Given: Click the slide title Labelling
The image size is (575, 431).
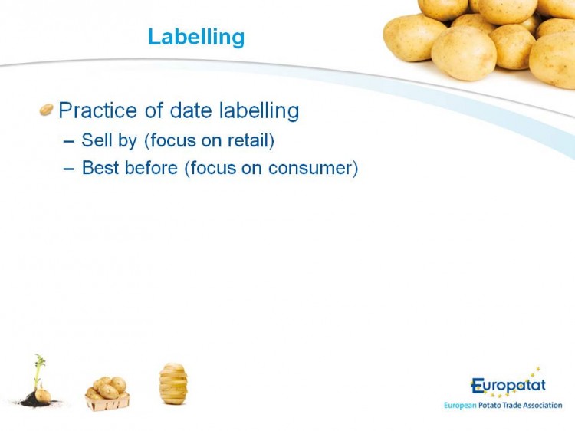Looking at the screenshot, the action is click(x=196, y=37).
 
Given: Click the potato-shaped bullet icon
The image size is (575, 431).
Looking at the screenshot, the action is click(x=47, y=110).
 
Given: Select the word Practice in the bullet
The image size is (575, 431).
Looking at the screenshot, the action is click(x=97, y=110).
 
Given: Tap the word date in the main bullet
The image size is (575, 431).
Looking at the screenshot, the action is click(x=191, y=110).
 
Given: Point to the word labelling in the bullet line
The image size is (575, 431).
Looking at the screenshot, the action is click(x=259, y=110).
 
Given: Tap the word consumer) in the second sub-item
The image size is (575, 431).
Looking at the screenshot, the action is click(x=313, y=169).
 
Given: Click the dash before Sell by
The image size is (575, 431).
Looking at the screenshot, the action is click(x=69, y=141).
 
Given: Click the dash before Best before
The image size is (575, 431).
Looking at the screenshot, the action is click(x=69, y=169).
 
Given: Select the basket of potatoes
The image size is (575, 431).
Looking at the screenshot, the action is click(x=107, y=393).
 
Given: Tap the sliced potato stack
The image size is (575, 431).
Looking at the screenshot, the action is click(x=173, y=383).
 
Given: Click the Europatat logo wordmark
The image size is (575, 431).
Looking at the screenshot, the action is click(x=508, y=386).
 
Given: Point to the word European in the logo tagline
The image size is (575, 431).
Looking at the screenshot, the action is click(x=460, y=406).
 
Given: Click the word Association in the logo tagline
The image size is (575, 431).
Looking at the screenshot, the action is click(x=542, y=406).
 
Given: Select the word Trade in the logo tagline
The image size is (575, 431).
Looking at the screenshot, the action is click(x=512, y=406).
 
